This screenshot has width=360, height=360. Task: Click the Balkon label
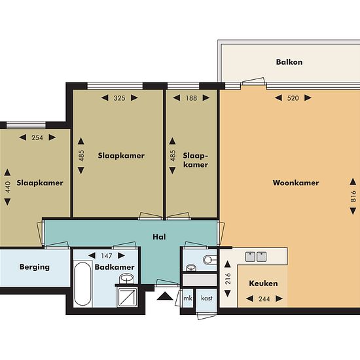289,62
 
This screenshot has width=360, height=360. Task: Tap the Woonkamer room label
296,183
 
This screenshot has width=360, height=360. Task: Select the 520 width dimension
293,98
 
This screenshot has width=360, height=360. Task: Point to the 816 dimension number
353,196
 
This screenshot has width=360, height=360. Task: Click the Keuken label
263,283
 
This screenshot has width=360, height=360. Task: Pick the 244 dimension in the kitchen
264,298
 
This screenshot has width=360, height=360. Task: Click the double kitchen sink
256,257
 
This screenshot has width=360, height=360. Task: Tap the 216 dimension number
228,278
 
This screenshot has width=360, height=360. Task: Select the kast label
207,298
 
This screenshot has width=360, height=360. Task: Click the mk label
188,298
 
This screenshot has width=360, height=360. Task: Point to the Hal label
159,237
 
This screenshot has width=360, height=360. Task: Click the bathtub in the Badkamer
82,284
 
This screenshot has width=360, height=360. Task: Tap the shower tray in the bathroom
127,297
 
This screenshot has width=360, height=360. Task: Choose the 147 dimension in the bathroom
107,255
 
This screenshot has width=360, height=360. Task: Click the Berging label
35,267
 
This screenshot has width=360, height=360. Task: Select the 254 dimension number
37,137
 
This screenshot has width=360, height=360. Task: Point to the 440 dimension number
8,187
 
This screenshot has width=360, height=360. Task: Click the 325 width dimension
119,98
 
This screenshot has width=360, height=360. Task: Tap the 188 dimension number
191,98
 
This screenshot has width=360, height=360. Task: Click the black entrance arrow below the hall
165,296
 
